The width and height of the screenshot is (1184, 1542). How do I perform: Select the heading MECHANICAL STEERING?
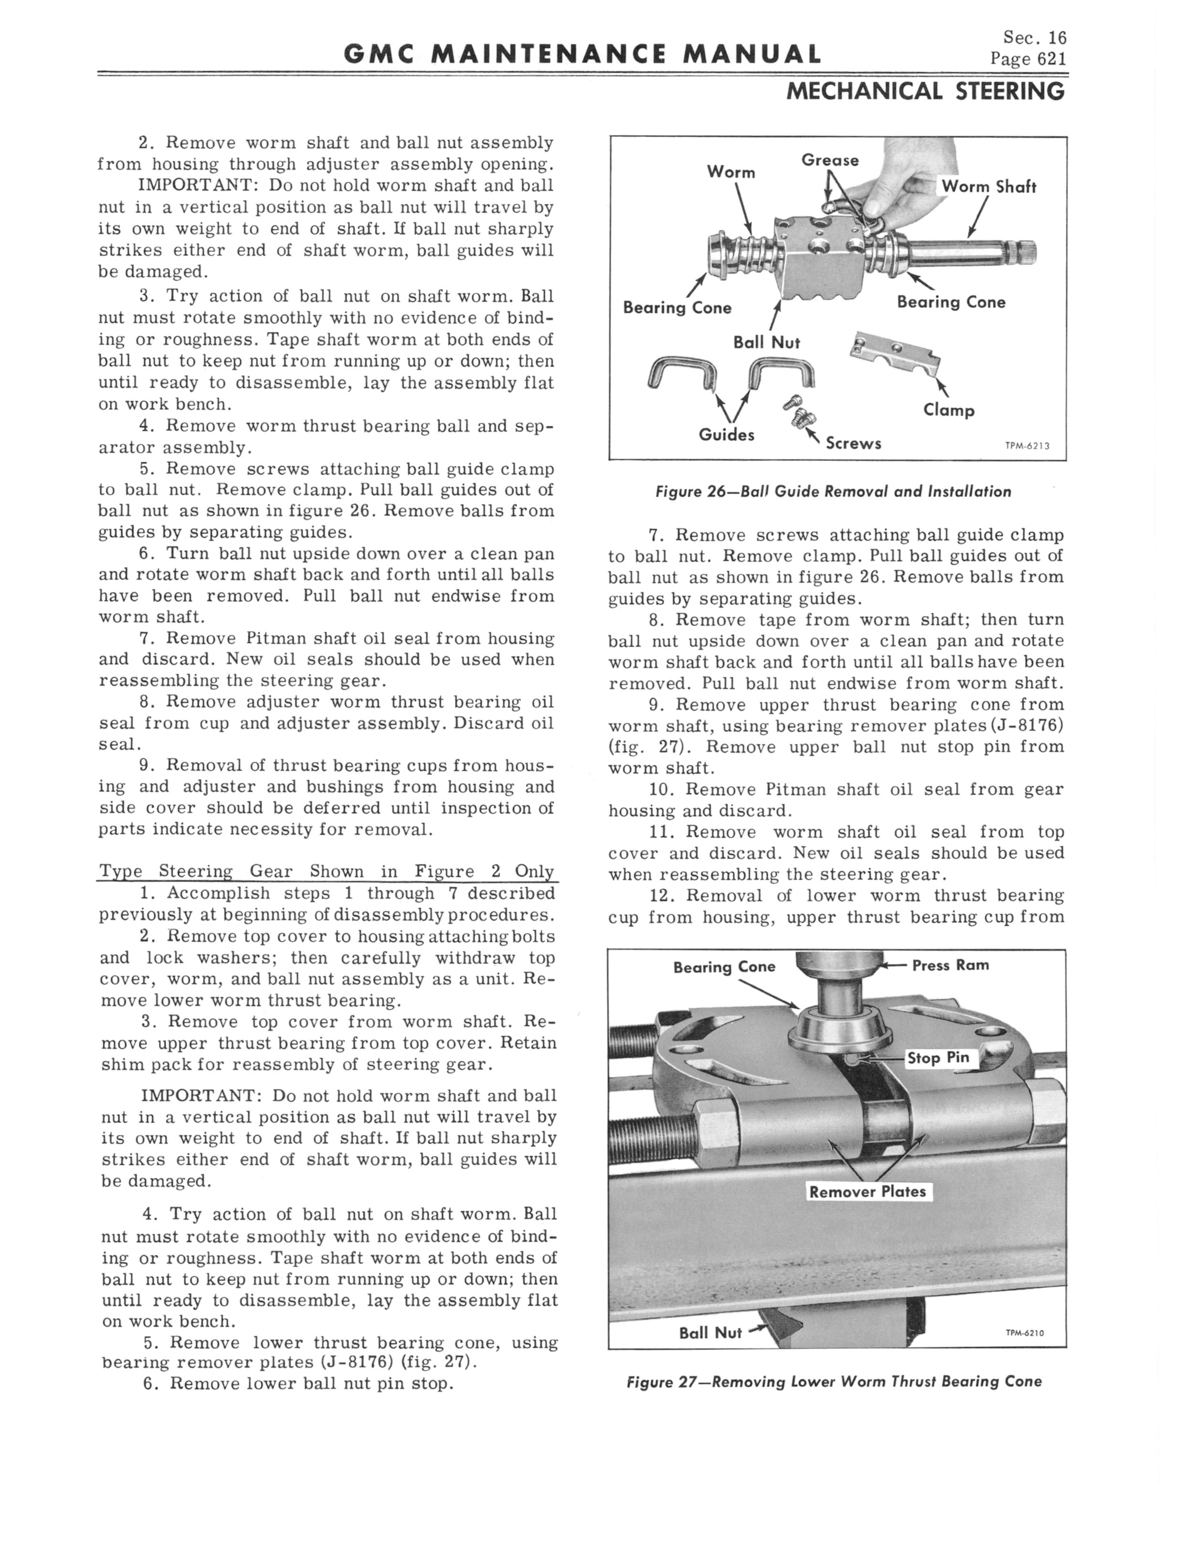(925, 91)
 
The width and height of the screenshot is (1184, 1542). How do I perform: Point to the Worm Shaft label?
(989, 187)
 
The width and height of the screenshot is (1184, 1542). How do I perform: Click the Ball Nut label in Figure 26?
(766, 342)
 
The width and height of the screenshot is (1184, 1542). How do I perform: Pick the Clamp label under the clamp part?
(949, 410)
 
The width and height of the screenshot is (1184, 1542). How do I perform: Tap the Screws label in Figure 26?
(853, 443)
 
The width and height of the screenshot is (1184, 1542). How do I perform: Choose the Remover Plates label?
(867, 1192)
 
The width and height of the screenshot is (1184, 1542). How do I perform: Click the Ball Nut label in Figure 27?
(710, 1333)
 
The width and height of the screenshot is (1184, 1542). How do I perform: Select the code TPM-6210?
(1025, 1333)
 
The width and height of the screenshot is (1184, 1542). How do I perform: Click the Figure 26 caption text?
(833, 492)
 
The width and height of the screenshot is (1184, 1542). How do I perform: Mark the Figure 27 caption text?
(834, 1382)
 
